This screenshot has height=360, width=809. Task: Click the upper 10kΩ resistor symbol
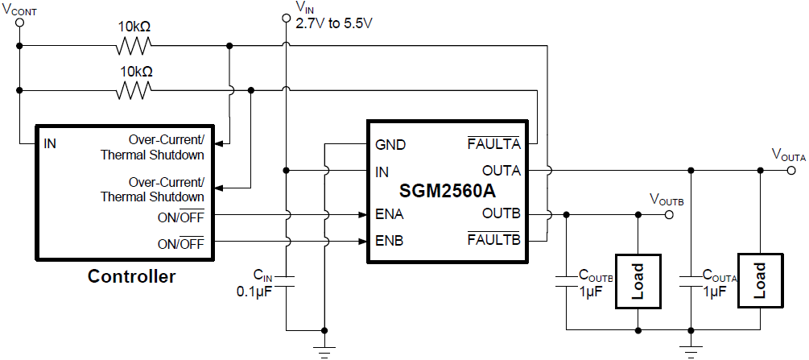(134, 45)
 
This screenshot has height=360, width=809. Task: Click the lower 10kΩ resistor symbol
(134, 90)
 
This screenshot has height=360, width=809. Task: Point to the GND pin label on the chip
(390, 146)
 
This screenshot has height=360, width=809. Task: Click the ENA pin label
(390, 215)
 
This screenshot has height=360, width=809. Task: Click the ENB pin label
(390, 240)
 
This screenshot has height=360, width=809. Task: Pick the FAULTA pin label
(494, 146)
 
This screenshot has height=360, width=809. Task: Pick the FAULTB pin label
(494, 240)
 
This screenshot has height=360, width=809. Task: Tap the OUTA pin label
(501, 171)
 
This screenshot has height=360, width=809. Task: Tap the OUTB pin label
(501, 215)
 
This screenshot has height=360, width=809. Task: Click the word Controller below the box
(131, 277)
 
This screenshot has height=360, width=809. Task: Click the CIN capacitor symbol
(286, 282)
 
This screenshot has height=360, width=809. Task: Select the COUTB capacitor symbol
(567, 282)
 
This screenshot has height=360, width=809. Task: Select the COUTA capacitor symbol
(690, 282)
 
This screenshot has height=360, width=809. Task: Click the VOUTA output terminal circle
(791, 171)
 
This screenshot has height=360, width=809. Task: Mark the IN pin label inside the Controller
(50, 144)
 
